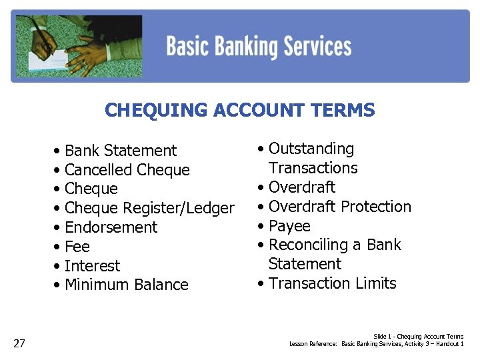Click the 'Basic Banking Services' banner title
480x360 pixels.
pos(259,47)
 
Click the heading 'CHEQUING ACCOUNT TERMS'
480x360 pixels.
pos(240,110)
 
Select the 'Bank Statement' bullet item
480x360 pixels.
pos(121,151)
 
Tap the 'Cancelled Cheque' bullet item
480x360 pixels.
pos(127,170)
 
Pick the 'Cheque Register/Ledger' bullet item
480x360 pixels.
pos(149,208)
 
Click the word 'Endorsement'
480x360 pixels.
pos(111,227)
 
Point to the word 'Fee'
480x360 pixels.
pos(77,247)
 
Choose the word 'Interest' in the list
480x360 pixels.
pos(93,266)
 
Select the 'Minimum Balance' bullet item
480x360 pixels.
pos(127,285)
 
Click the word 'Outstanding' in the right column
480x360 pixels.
pos(311,149)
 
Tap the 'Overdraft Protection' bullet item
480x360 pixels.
pos(340,207)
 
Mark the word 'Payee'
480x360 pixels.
pos(289,226)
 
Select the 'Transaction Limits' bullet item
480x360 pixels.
pos(333,283)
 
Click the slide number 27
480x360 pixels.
pos(19,343)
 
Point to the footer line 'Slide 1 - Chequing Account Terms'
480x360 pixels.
pos(418,337)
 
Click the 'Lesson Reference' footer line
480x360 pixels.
pos(377,344)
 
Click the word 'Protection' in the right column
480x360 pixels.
pos(375,207)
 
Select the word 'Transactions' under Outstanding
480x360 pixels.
pos(313,168)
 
